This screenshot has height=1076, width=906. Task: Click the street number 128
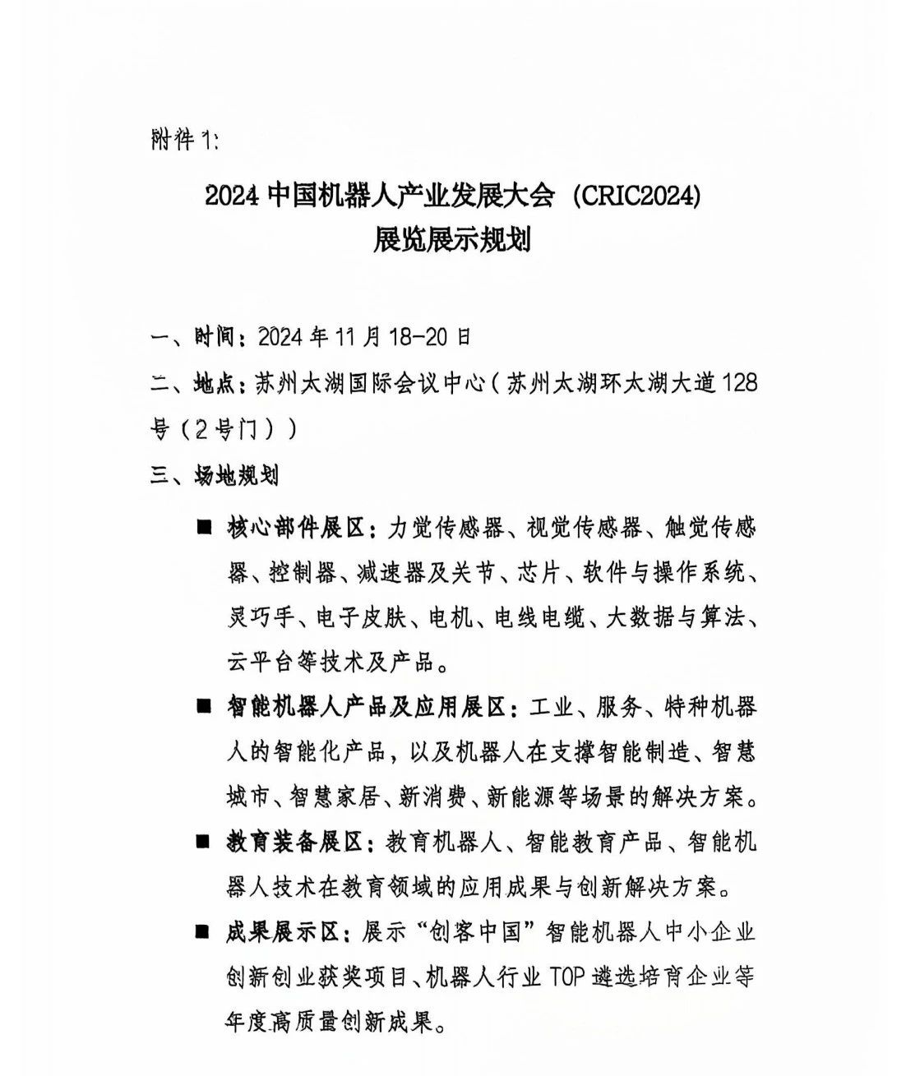click(x=737, y=382)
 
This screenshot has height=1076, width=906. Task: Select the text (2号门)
click(x=233, y=429)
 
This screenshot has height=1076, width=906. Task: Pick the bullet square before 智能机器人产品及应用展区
click(x=203, y=706)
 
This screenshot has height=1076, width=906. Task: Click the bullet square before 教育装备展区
click(x=203, y=841)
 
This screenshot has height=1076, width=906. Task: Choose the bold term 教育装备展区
click(x=295, y=842)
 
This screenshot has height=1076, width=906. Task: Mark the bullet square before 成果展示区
click(x=203, y=931)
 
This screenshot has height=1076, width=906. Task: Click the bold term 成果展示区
click(x=284, y=932)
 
